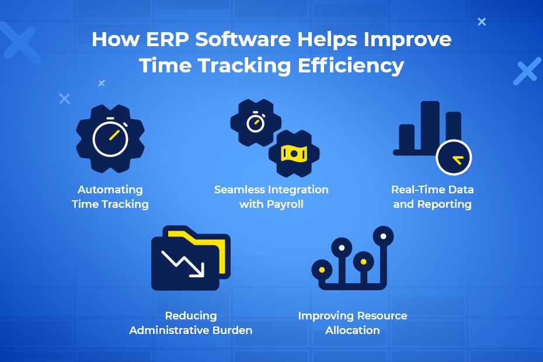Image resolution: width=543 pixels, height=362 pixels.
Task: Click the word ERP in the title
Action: (x=167, y=39)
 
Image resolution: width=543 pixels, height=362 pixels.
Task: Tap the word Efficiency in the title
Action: (x=351, y=66)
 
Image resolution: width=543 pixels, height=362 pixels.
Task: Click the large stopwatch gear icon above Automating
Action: (x=110, y=138)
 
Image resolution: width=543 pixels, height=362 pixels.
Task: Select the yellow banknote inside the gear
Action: (x=294, y=154)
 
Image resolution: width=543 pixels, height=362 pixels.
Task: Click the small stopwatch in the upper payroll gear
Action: (x=256, y=122)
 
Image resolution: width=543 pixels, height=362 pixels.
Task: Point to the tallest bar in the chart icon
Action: (x=430, y=127)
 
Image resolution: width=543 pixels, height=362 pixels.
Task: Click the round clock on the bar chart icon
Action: (x=454, y=158)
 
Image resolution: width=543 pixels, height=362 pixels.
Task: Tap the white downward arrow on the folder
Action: (x=183, y=264)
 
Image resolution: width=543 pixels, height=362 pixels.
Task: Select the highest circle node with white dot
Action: (x=384, y=236)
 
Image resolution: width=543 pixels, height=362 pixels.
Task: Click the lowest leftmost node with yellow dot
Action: (x=322, y=270)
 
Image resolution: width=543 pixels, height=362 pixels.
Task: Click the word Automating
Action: (x=110, y=190)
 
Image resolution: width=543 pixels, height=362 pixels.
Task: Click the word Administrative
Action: (x=169, y=330)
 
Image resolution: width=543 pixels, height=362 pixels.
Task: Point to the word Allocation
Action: (x=353, y=330)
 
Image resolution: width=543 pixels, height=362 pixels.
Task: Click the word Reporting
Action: (x=444, y=204)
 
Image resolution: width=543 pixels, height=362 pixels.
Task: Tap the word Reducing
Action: (x=191, y=316)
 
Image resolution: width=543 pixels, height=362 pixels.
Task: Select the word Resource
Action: (x=382, y=315)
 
